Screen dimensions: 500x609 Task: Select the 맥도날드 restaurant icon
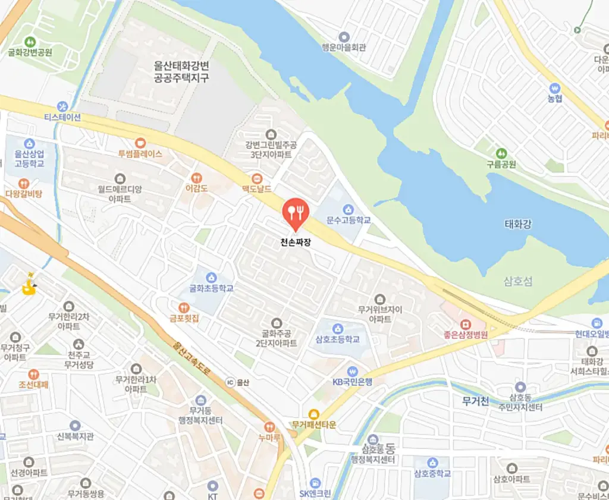[257, 178]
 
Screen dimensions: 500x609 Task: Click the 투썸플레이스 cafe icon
[140, 142]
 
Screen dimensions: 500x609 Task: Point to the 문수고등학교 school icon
[349, 209]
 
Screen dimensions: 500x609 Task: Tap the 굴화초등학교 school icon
[211, 277]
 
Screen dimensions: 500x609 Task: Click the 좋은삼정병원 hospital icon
[465, 324]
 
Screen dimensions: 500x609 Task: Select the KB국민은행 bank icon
[352, 371]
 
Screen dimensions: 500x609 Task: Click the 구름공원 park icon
[501, 153]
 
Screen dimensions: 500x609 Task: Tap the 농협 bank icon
[555, 87]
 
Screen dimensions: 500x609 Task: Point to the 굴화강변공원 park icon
[30, 41]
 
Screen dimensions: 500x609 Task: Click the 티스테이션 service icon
[62, 106]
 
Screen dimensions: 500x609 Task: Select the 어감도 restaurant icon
[197, 177]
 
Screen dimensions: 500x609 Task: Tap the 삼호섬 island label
[517, 281]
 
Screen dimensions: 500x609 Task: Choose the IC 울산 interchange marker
[231, 382]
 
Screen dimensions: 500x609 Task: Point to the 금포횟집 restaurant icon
[183, 307]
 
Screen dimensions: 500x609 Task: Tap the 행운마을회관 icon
[343, 37]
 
